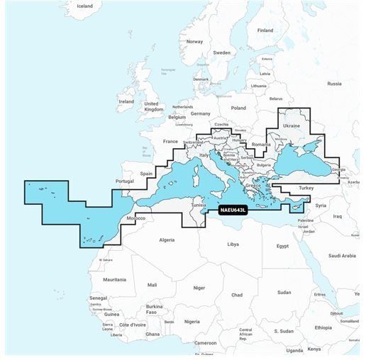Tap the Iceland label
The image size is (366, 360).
coord(84,6)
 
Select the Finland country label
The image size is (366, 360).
coord(265,30)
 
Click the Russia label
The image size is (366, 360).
coord(334,84)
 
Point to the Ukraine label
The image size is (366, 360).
coord(292,125)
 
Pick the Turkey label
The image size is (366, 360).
coord(306,188)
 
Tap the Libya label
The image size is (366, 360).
coord(233,244)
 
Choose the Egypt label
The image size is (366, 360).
coord(282,246)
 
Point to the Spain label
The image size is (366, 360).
coord(146,174)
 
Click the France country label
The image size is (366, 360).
coord(170,141)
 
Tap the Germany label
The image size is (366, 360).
coord(201,113)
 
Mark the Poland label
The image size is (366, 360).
coord(238,108)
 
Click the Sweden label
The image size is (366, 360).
coord(222,52)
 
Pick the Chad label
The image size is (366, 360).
coord(237,294)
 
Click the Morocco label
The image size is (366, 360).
coord(135,218)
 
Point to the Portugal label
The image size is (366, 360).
coord(124,181)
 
